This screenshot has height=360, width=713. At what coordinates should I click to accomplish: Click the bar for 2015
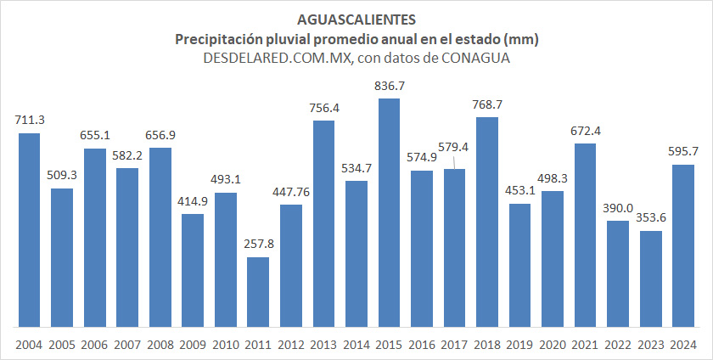pos(389,212)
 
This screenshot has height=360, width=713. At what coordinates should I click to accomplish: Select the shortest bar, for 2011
pos(258,291)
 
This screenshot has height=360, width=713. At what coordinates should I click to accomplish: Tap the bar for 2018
pos(487,222)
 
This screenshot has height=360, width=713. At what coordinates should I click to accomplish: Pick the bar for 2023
pos(651,278)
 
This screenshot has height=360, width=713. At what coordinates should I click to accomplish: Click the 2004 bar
pos(30,229)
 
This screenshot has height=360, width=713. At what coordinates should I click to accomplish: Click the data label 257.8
pos(258,244)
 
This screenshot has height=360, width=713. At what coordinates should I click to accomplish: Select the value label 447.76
pos(291,192)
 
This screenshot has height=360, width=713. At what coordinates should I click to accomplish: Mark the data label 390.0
pos(618,208)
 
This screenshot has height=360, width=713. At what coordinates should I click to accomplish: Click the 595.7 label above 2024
pos(683,151)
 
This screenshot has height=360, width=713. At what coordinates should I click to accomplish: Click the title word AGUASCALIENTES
pos(356,19)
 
